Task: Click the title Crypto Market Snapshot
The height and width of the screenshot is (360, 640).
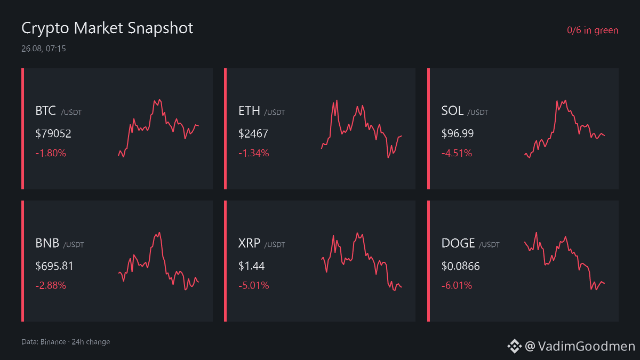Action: (x=107, y=28)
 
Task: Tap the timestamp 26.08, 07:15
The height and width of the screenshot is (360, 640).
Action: (x=43, y=49)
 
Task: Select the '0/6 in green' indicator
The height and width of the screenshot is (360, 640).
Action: (x=593, y=30)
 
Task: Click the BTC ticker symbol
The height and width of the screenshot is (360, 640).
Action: (x=45, y=111)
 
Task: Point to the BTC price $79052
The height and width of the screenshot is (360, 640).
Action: (x=53, y=133)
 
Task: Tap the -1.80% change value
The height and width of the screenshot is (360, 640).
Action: (x=51, y=153)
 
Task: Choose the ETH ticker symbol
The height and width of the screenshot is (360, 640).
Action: (x=249, y=111)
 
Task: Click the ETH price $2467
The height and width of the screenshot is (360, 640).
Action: (x=253, y=133)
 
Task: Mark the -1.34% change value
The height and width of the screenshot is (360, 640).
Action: (x=254, y=153)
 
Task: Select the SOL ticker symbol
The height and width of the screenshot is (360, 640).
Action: (x=452, y=111)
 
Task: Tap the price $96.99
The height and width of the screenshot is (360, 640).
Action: (x=458, y=133)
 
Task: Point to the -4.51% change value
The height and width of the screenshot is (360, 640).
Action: (x=457, y=153)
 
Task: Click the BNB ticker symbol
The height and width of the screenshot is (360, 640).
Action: (x=47, y=243)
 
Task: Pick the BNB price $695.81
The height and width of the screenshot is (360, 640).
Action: (x=54, y=266)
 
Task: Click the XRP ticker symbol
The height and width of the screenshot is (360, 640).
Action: (x=249, y=243)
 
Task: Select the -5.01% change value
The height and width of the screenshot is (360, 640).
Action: (x=254, y=285)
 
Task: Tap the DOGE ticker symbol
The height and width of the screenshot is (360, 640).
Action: (x=458, y=243)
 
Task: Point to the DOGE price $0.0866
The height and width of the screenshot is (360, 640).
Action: (x=460, y=266)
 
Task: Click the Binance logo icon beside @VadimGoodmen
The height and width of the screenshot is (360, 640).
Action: (x=514, y=346)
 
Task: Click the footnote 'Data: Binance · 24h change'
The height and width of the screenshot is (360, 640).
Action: (x=66, y=342)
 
